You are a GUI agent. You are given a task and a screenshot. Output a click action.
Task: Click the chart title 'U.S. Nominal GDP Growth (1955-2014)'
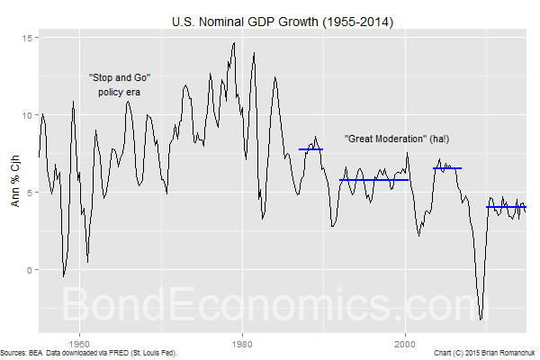pos(269,19)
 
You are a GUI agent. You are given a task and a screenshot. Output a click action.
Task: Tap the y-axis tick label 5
pos(31,193)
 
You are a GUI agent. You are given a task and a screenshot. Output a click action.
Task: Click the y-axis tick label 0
pos(31,270)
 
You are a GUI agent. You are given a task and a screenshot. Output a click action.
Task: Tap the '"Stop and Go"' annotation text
pos(120,78)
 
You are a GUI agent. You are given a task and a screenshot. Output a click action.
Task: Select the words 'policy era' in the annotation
pos(120,92)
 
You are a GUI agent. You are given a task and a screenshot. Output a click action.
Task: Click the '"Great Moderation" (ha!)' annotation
pos(397,139)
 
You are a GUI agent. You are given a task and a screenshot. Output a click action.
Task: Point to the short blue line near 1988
pos(310,149)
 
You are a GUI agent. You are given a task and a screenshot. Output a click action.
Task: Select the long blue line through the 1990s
pos(373,180)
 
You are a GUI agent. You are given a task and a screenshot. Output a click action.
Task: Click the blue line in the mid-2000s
pos(446,168)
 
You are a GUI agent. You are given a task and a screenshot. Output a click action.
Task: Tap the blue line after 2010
pos(506,207)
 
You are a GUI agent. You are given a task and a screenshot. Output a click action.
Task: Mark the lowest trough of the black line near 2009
pos(481,319)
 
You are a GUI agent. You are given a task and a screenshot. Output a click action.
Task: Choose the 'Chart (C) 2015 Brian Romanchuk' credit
pos(484,353)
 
